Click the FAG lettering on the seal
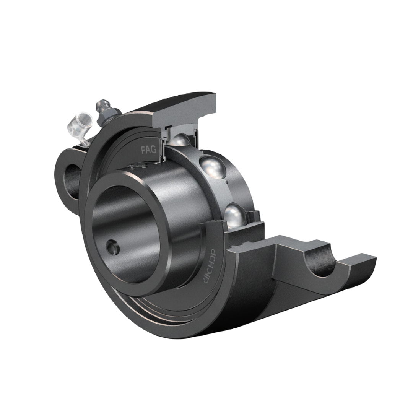click(x=148, y=150)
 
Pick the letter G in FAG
click(x=154, y=150)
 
